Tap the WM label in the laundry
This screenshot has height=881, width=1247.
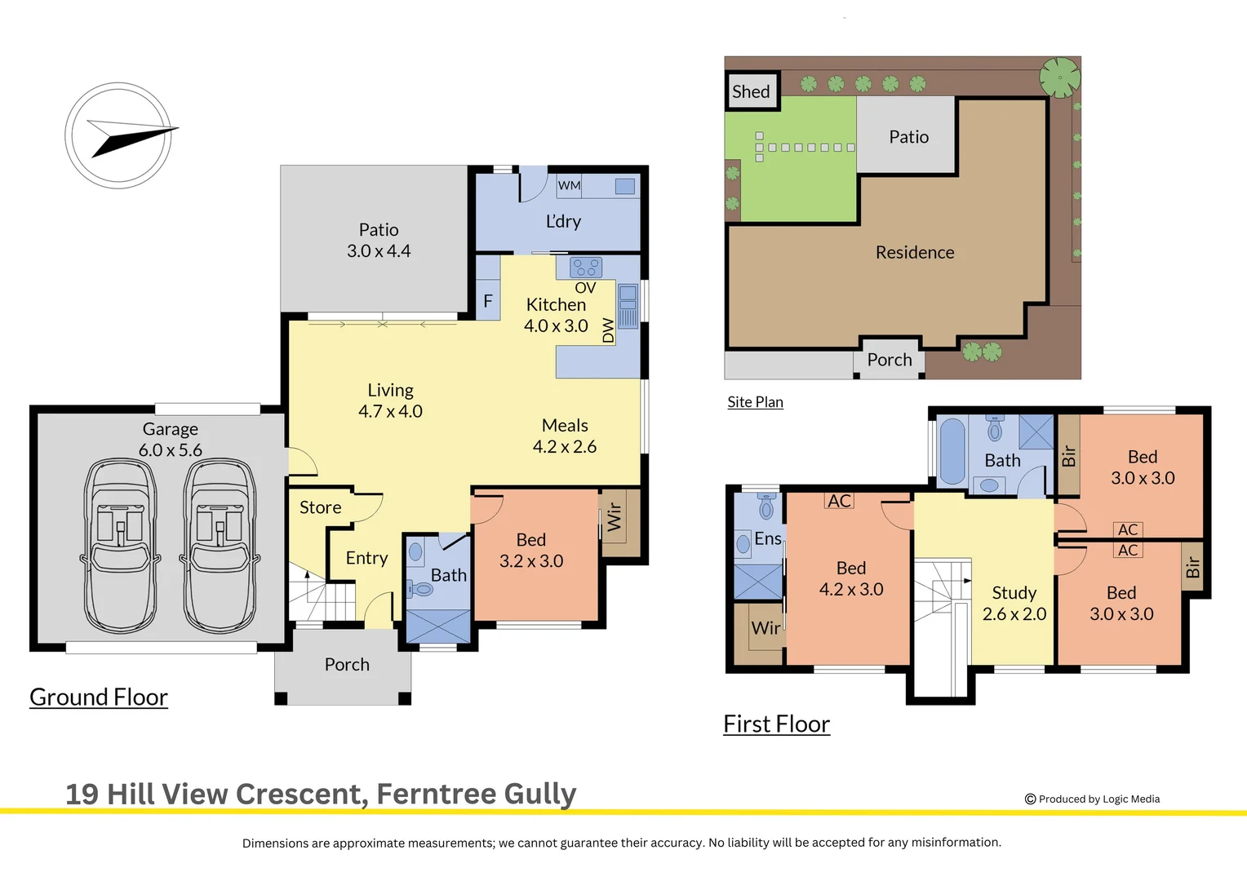pos(569,185)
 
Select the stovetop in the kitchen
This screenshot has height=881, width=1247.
pos(586,267)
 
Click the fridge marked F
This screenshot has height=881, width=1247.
pos(488,301)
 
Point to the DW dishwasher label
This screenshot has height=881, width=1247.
pos(608,330)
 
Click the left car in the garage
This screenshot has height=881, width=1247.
pos(120,546)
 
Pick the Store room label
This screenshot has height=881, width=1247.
pos(320,507)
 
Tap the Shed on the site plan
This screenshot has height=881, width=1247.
pos(751,91)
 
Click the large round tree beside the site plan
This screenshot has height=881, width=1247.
pos(1060,77)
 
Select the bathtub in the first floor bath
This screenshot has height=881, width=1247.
pos(952,451)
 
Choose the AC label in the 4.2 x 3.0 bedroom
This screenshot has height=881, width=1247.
pos(840,501)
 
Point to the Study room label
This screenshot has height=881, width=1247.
pos(1014,593)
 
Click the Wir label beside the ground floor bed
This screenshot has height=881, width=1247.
pos(614,517)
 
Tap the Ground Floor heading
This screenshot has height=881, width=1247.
pos(99,697)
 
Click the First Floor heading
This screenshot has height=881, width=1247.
pos(777,724)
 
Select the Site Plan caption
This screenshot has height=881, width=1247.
pos(756,402)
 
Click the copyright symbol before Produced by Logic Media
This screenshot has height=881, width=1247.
pos(1031,799)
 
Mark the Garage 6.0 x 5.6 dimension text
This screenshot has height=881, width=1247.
pos(171,439)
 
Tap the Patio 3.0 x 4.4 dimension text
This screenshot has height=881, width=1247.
pos(379,240)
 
